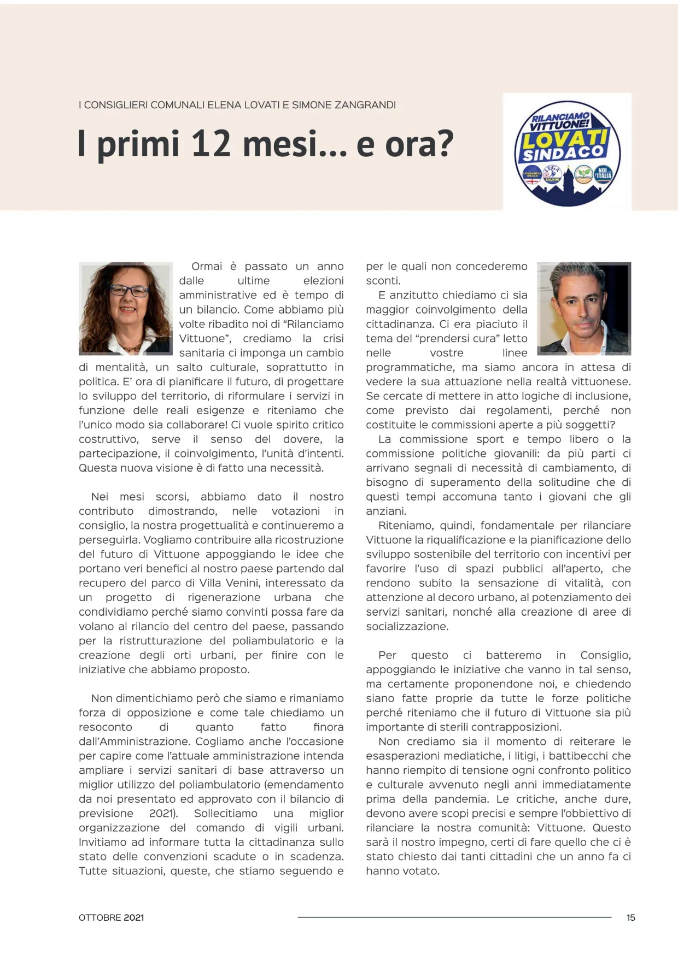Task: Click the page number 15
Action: (x=630, y=917)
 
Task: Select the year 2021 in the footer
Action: (x=133, y=917)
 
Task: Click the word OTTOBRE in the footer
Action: (x=100, y=917)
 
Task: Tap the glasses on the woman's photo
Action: (x=128, y=290)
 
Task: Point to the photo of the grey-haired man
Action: (x=584, y=308)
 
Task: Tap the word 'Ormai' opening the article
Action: (x=207, y=267)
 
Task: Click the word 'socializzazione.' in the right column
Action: (x=407, y=627)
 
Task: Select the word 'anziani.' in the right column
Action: (x=386, y=511)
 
